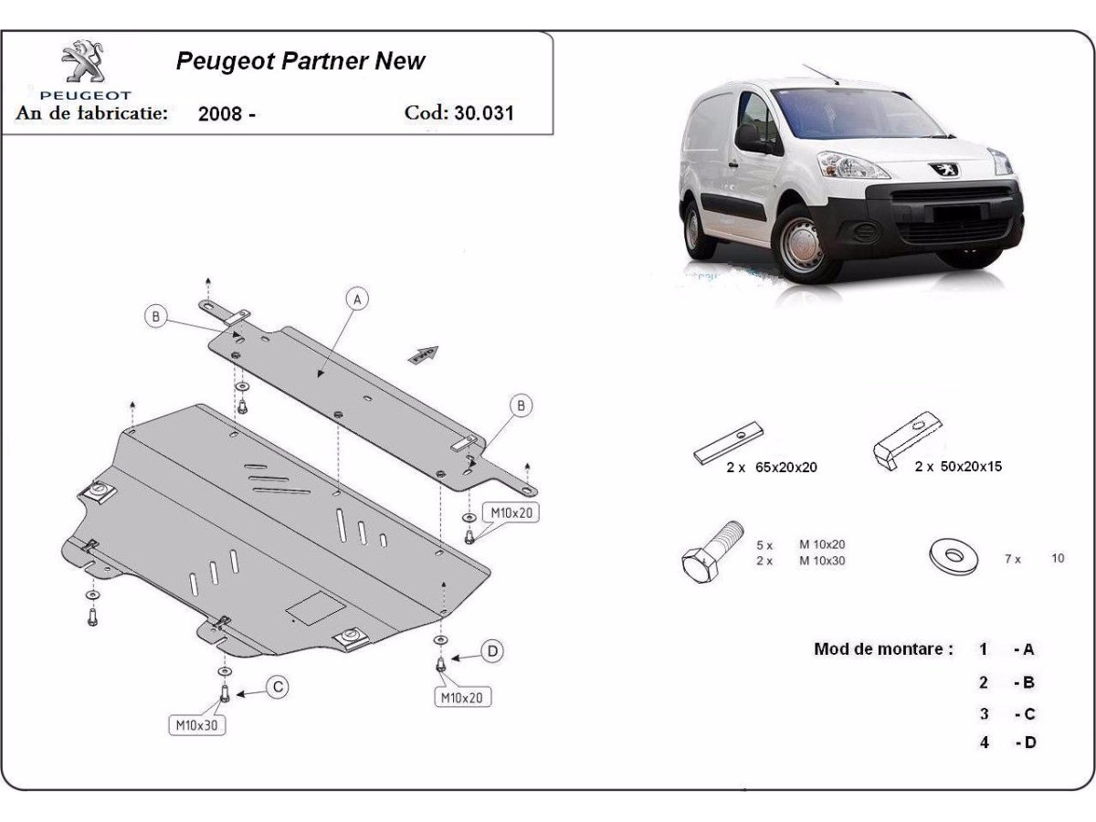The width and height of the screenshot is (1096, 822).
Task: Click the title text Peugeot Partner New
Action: [300, 61]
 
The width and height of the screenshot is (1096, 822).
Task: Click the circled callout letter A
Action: [357, 299]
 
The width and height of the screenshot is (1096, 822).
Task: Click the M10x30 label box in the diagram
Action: [196, 725]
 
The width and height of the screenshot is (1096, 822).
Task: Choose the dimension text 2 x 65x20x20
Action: [772, 467]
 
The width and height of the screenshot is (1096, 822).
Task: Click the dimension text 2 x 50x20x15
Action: [958, 466]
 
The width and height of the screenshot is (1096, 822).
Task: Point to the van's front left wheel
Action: [802, 243]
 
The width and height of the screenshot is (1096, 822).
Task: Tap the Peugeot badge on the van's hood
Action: [943, 167]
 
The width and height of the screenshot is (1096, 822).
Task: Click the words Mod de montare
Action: [882, 649]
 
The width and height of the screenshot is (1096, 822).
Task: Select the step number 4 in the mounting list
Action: [985, 743]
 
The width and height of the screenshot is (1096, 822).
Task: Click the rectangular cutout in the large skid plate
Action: [316, 606]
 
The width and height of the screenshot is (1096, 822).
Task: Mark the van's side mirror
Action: [750, 138]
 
